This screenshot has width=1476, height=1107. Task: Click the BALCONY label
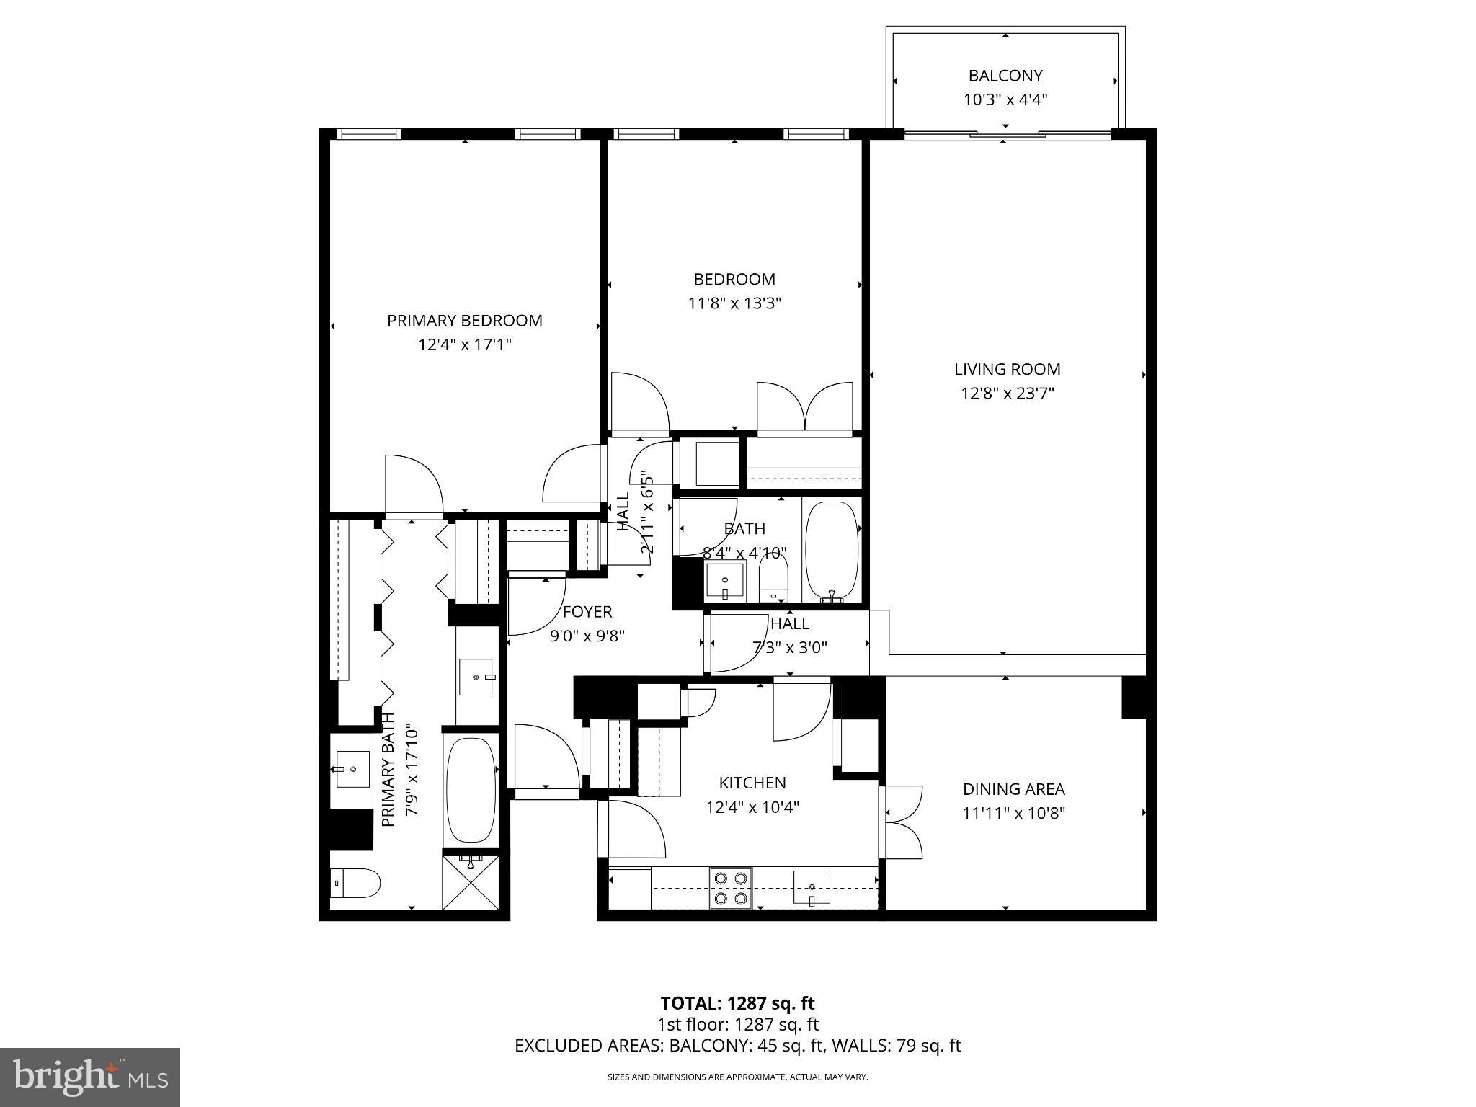tap(1005, 76)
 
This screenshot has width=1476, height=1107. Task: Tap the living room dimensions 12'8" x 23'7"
tap(1007, 394)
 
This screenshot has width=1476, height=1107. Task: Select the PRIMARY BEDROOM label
tap(464, 321)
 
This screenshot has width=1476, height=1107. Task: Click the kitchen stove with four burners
tap(730, 888)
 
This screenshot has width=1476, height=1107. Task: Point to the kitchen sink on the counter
tap(812, 887)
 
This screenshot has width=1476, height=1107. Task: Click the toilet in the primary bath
tap(356, 883)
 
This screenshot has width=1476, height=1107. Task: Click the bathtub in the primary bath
tap(471, 789)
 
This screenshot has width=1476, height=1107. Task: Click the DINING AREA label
tap(1013, 789)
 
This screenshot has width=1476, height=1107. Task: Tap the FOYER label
tap(587, 612)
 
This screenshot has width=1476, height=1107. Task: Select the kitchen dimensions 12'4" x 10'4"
tap(752, 807)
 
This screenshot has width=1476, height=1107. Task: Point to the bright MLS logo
tap(89, 1077)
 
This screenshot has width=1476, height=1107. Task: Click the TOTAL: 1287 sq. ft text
tap(737, 1003)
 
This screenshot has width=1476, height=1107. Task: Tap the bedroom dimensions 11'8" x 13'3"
tap(734, 303)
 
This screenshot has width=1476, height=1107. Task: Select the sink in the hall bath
tap(724, 580)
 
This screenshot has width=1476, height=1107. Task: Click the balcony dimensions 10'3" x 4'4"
tap(1005, 100)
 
